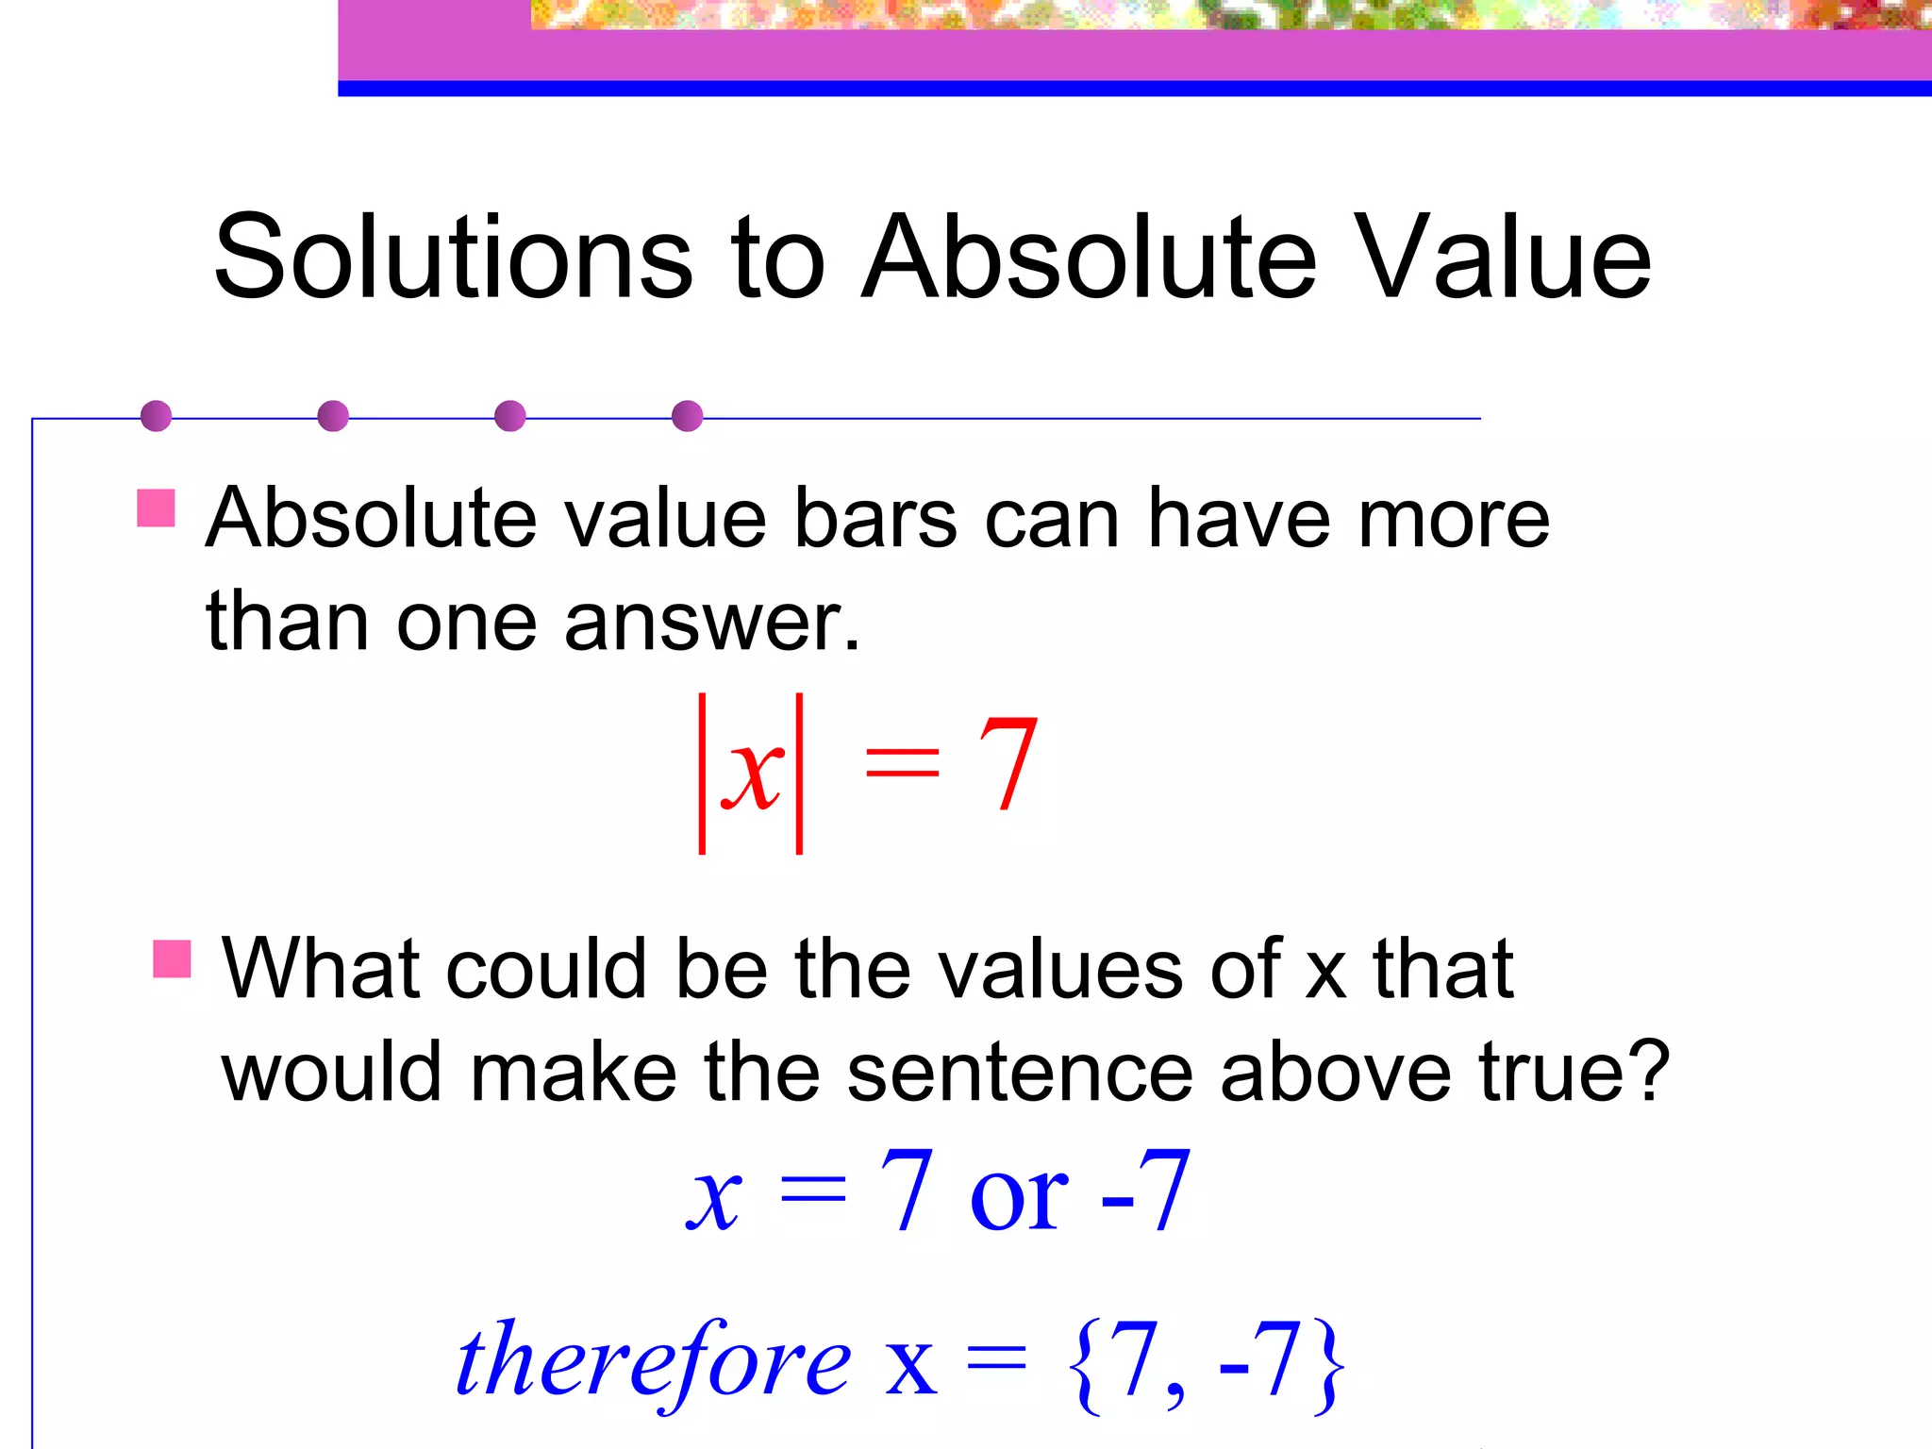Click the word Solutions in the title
pos(453,257)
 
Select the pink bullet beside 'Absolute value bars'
pos(156,508)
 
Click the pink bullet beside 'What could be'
pos(172,958)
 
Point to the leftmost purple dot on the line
pos(156,416)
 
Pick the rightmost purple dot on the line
pos(687,416)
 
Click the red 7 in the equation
pos(1007,764)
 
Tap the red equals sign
pos(902,760)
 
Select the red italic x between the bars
pos(752,774)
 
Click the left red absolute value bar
pos(702,774)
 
